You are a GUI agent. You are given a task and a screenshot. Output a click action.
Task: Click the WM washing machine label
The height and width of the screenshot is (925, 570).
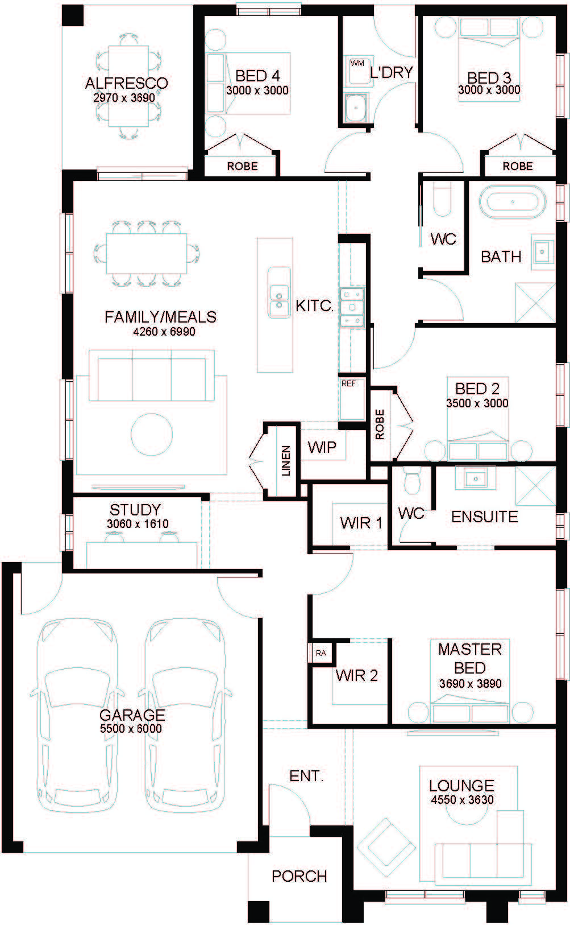tap(357, 64)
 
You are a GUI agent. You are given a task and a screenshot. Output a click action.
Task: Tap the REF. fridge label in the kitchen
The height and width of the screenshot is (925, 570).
tap(350, 383)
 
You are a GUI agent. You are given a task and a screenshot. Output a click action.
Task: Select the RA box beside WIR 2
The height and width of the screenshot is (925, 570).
tap(321, 653)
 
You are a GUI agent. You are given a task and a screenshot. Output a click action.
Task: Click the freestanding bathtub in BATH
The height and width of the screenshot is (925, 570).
tap(512, 202)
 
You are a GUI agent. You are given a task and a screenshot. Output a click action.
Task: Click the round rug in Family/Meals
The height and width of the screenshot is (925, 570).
tap(151, 435)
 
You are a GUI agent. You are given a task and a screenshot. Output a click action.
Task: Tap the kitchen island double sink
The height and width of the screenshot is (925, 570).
tap(279, 292)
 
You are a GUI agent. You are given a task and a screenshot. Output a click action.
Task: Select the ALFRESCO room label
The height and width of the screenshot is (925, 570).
tap(127, 83)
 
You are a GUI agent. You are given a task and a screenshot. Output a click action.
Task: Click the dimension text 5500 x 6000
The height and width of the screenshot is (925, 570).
tap(131, 728)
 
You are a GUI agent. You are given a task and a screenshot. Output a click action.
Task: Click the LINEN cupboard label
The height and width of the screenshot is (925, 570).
tap(286, 461)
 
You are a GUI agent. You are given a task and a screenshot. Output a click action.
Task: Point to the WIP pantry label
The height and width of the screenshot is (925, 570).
tap(322, 447)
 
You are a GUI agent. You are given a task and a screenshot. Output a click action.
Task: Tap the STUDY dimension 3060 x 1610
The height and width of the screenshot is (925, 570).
tap(138, 523)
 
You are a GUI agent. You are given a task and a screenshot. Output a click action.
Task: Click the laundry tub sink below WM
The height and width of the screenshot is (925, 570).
tap(355, 108)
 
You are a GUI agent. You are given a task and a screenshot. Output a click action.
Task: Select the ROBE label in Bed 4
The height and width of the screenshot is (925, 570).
tap(243, 166)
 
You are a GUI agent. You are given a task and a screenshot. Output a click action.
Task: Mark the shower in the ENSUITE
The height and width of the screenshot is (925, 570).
tap(535, 486)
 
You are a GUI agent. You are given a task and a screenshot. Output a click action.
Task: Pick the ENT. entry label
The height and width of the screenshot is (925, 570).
tap(306, 776)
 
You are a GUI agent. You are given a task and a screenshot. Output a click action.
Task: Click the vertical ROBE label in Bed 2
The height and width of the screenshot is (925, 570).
tap(380, 424)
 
